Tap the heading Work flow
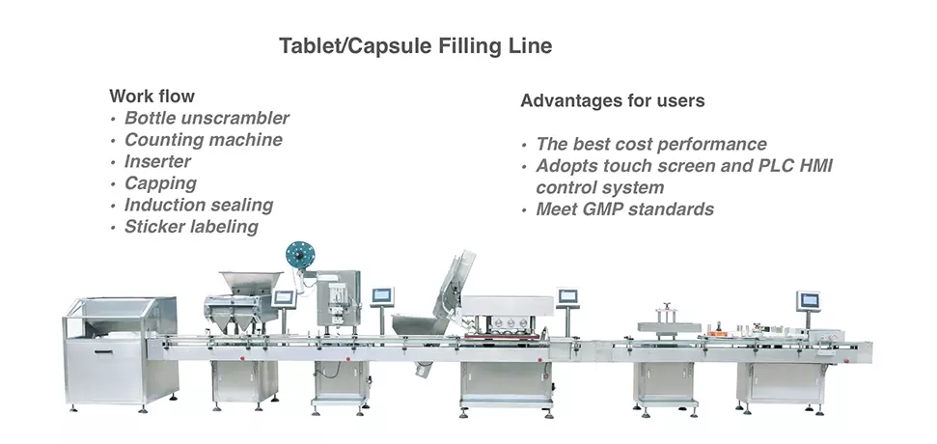click(152, 97)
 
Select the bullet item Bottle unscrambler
click(207, 118)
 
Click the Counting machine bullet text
click(204, 140)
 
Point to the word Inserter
click(157, 161)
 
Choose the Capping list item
click(160, 183)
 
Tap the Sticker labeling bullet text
click(191, 227)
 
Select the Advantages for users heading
click(613, 100)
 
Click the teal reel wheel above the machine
click(300, 255)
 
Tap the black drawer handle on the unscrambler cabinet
click(103, 352)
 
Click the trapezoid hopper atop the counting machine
click(250, 283)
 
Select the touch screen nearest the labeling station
click(809, 300)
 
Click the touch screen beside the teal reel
click(285, 298)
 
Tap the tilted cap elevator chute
click(455, 286)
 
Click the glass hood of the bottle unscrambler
click(120, 318)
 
